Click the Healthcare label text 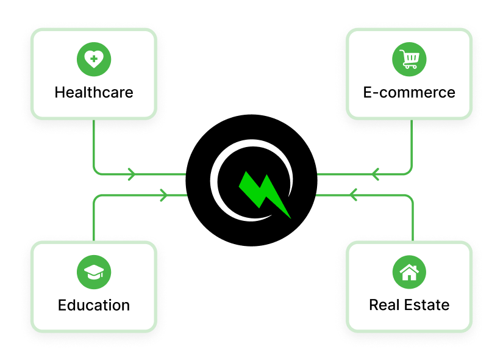click(x=93, y=93)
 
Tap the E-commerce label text click(x=409, y=93)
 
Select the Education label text click(x=93, y=305)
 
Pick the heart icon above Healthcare click(x=93, y=59)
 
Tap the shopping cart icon click(x=409, y=59)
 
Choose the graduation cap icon click(x=93, y=272)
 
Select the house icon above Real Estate click(x=409, y=272)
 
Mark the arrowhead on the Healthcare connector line click(x=131, y=175)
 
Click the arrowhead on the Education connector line click(x=163, y=195)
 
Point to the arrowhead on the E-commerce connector click(x=374, y=175)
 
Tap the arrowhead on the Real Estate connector click(x=351, y=195)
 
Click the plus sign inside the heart click(x=93, y=59)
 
